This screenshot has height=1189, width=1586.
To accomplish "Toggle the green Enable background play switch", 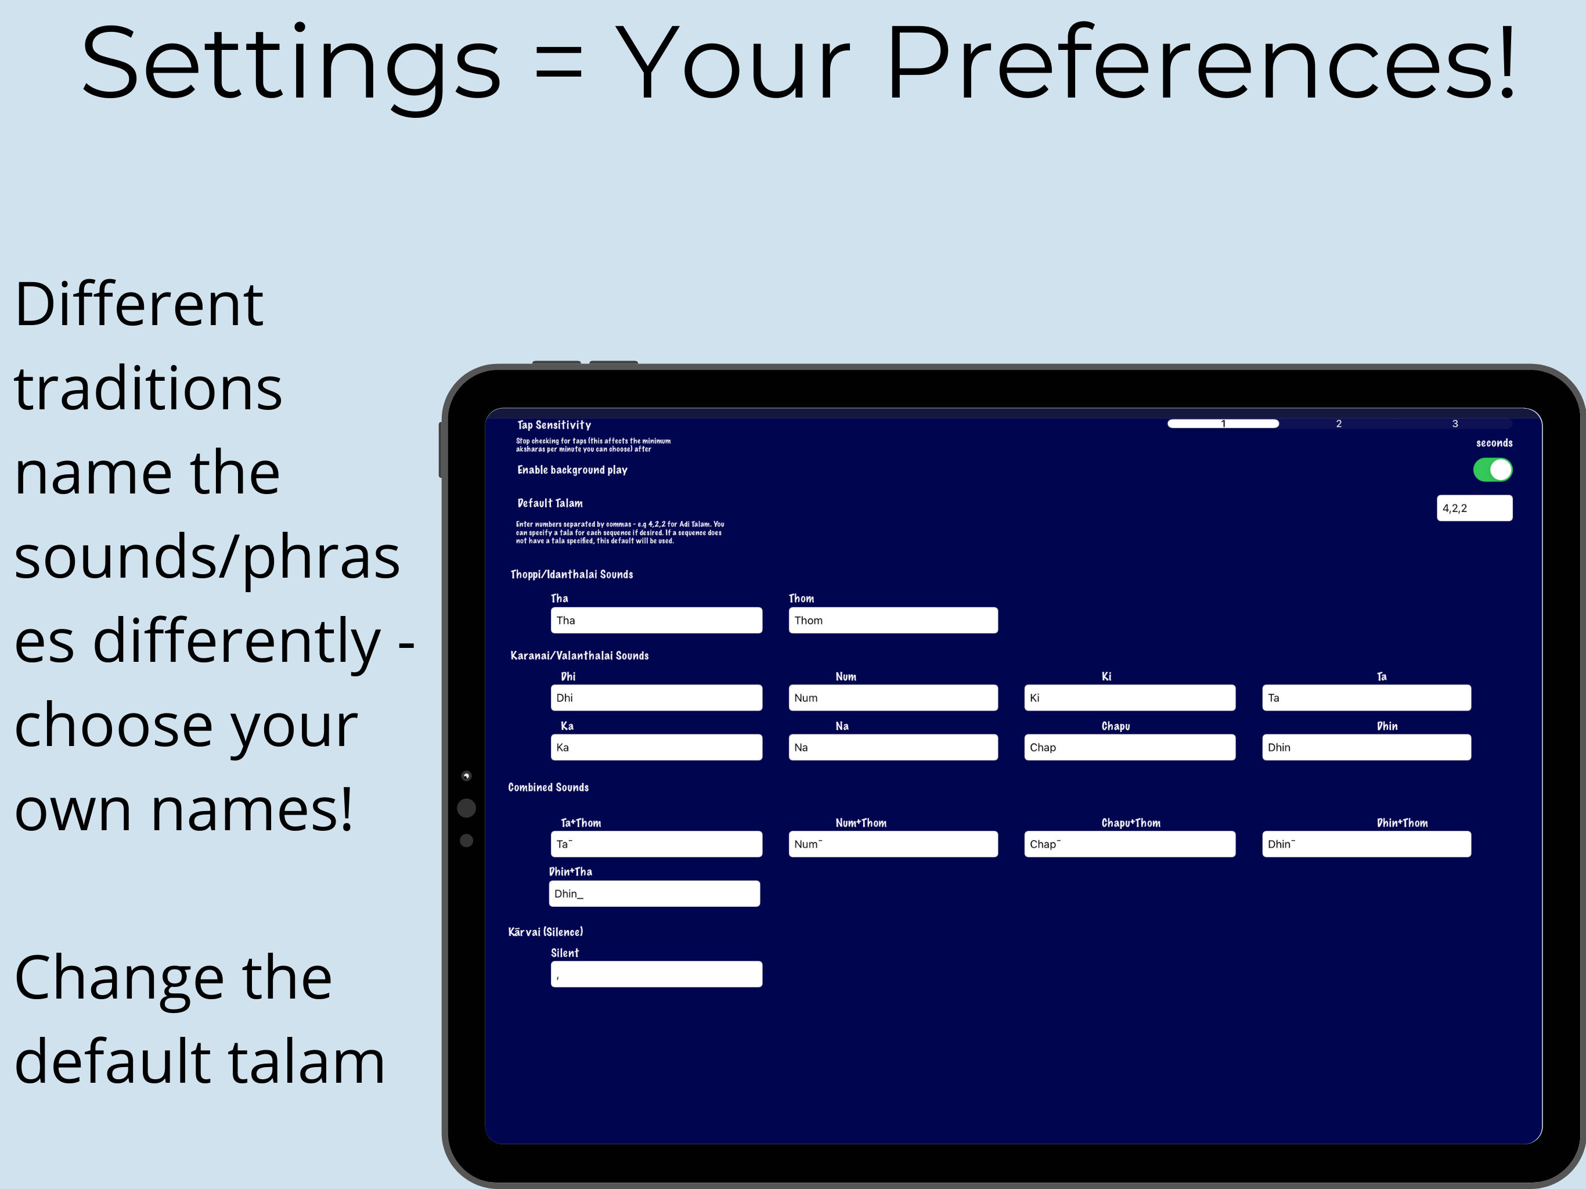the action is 1492,470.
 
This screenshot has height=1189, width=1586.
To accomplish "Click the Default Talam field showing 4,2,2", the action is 1474,508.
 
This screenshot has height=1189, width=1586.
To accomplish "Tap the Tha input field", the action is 656,620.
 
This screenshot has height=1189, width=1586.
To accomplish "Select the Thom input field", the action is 893,620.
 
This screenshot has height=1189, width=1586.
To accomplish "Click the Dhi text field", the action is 656,698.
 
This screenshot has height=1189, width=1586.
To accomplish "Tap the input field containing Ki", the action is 1129,698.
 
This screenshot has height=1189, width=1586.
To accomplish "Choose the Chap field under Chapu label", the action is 1129,747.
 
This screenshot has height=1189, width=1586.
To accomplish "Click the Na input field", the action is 893,747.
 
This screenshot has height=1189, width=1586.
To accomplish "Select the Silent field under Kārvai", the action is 656,974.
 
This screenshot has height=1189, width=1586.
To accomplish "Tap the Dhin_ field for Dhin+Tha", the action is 654,893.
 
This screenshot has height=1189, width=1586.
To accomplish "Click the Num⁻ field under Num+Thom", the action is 893,844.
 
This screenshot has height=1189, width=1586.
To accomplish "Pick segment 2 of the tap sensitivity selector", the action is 1339,424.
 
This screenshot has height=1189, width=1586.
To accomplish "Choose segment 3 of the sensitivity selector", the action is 1455,424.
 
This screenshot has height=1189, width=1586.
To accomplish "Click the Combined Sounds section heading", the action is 549,787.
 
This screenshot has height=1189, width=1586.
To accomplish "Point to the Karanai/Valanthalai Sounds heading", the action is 579,655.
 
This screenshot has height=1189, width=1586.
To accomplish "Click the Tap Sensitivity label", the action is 554,425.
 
